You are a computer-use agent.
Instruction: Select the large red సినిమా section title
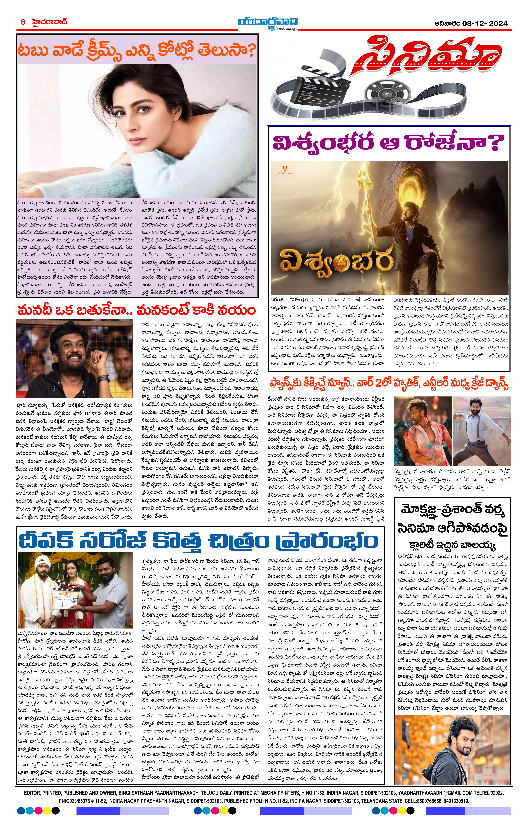(426, 57)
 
